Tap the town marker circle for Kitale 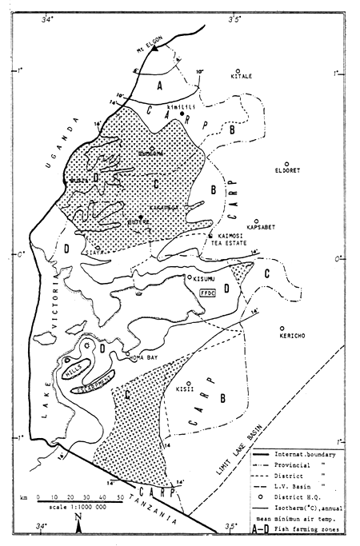point(238,70)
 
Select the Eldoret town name point(263,169)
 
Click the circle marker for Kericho point(282,328)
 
